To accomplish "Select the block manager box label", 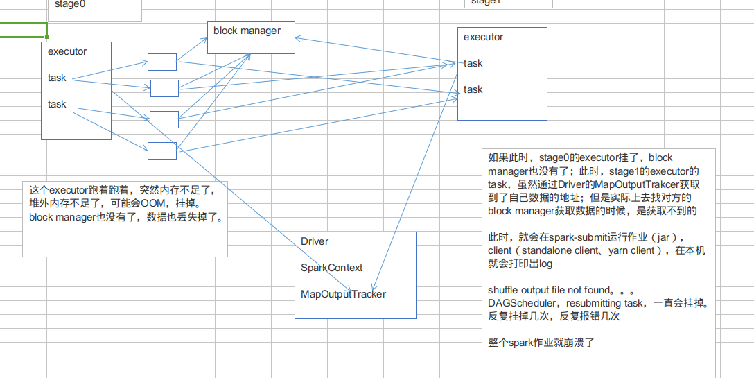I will pyautogui.click(x=247, y=31).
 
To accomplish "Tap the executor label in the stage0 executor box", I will pyautogui.click(x=67, y=51).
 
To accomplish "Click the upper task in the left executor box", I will pyautogui.click(x=57, y=78).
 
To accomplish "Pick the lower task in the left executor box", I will pyautogui.click(x=57, y=104).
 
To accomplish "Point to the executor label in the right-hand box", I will pyautogui.click(x=483, y=37).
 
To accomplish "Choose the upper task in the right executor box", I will pyautogui.click(x=473, y=63).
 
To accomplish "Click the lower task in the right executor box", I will pyautogui.click(x=473, y=89).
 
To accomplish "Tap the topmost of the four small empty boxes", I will pyautogui.click(x=162, y=62).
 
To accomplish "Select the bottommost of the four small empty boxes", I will pyautogui.click(x=162, y=150).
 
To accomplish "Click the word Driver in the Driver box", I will pyautogui.click(x=315, y=241).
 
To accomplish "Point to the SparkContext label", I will pyautogui.click(x=331, y=268).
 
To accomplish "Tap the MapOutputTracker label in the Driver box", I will pyautogui.click(x=343, y=294).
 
